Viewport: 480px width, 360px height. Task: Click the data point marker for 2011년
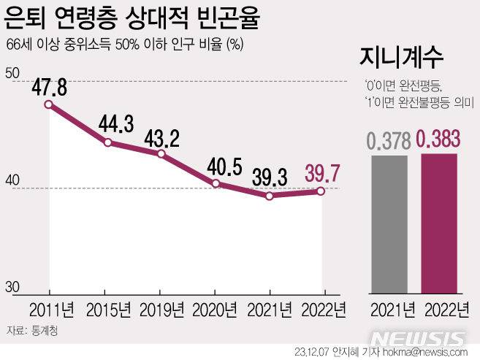pos(49,104)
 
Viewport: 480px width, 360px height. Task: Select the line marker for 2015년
pos(107,142)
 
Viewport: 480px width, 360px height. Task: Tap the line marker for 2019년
pos(161,154)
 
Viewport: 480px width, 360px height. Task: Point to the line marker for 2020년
pos(216,183)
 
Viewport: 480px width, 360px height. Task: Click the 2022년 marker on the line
pos(321,191)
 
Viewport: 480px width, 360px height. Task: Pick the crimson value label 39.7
pos(321,175)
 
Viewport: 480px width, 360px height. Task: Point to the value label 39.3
pos(269,178)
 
